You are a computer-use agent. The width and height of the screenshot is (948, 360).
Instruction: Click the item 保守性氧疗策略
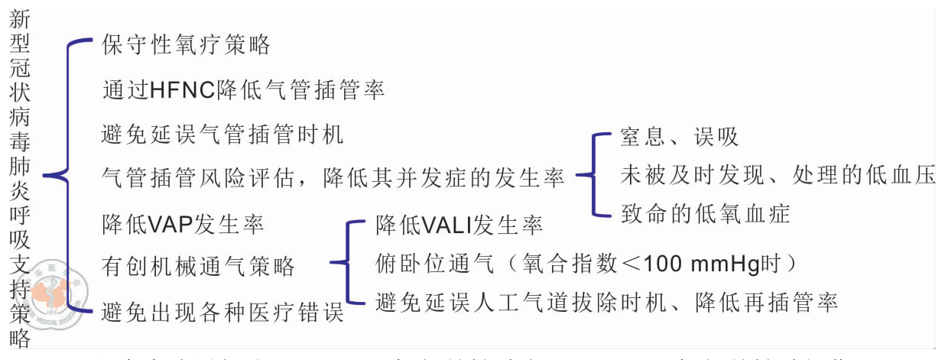186,45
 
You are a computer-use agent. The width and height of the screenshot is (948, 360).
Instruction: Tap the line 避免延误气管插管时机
222,135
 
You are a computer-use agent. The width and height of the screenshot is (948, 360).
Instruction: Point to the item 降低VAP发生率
183,225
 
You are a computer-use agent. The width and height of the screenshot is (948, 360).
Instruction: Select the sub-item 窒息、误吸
679,138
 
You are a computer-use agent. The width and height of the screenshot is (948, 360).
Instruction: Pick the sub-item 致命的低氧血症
704,213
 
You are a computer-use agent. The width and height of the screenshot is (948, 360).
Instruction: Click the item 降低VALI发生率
459,225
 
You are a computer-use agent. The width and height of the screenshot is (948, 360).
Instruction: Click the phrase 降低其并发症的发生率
444,179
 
